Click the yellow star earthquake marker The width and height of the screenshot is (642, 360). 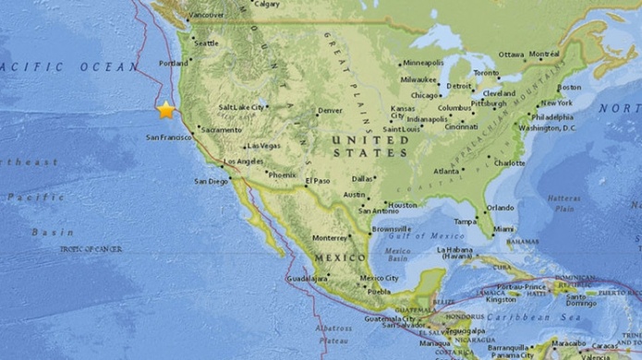coord(165,110)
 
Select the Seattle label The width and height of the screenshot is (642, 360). coord(206,42)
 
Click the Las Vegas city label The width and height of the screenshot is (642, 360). coord(263,146)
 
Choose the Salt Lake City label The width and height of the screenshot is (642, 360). coord(241,107)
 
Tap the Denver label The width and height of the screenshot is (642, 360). coord(330,111)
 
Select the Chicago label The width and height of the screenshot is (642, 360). coord(426,94)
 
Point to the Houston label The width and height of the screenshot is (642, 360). coord(403,204)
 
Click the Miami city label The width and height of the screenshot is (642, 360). coord(503,228)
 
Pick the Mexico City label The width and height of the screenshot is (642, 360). coord(379,278)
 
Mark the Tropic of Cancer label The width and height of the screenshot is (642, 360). coord(91,248)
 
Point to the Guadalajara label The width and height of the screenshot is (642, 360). coord(308,278)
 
